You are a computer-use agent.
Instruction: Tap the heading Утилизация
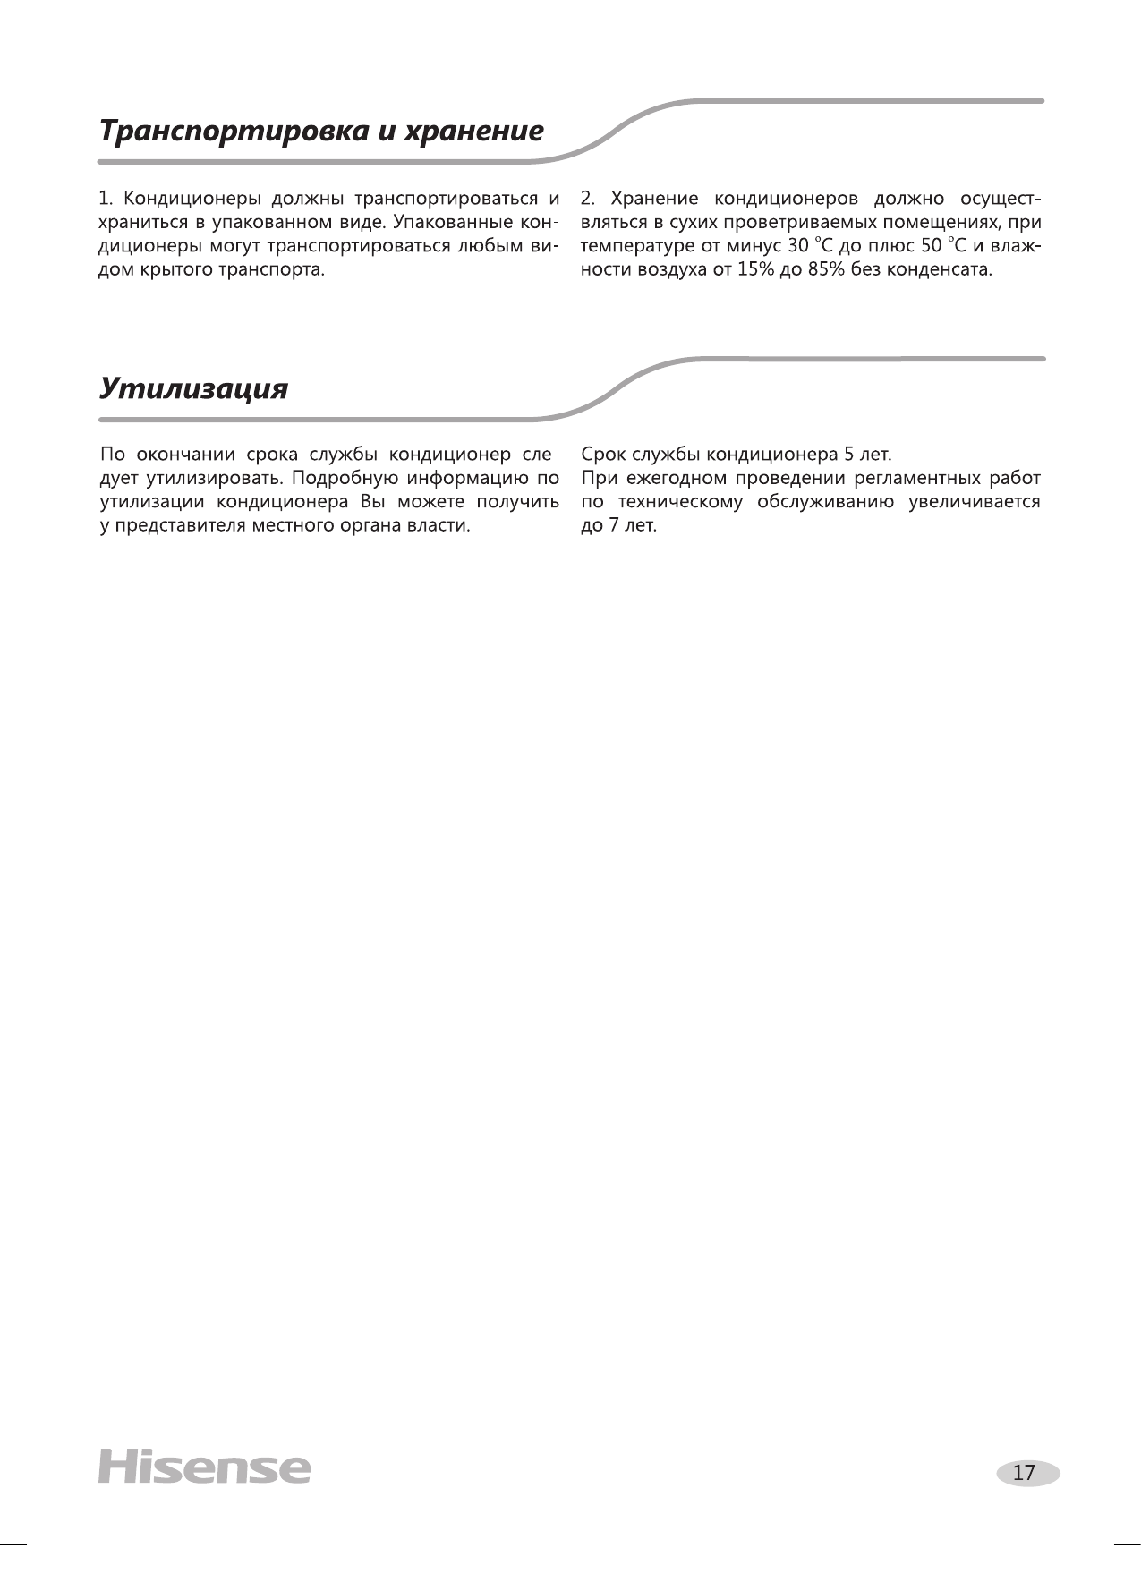click(193, 389)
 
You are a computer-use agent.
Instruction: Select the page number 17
click(1024, 1472)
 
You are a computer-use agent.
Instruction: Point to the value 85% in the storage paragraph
click(824, 269)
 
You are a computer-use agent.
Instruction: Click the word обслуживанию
click(823, 500)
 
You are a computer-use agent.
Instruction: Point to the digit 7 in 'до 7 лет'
click(613, 524)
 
